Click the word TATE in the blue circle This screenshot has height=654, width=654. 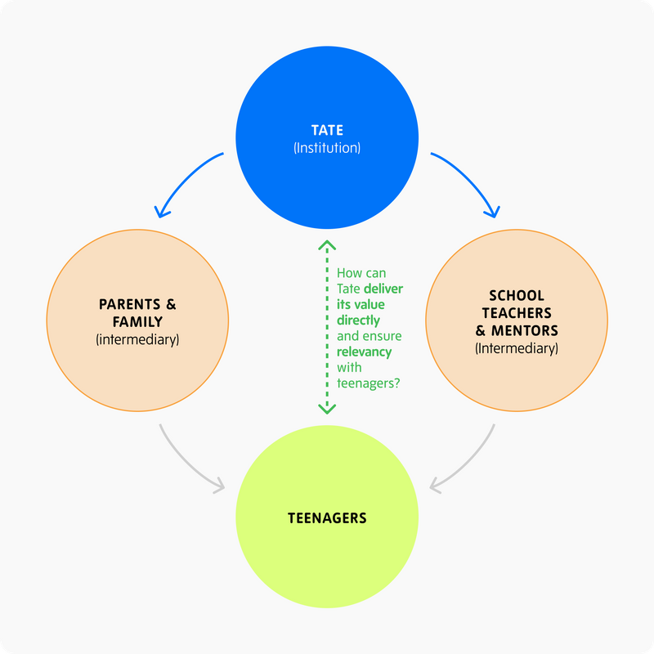tap(327, 130)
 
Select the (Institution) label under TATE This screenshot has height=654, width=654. tap(327, 149)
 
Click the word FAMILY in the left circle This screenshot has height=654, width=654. tap(137, 321)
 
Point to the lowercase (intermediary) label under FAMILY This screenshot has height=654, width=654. tap(137, 338)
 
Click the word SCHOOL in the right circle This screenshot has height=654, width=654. tap(517, 295)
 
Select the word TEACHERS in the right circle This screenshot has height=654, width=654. tap(517, 313)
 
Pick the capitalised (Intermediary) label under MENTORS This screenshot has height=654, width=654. tap(517, 348)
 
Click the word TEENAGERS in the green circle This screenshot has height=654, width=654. tap(327, 517)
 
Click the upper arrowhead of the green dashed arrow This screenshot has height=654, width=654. tap(326, 244)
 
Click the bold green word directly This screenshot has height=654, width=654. tap(358, 320)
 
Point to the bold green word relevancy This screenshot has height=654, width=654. tap(364, 352)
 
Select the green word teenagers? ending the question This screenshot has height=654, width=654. tap(368, 383)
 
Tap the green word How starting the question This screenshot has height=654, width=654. tap(349, 273)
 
